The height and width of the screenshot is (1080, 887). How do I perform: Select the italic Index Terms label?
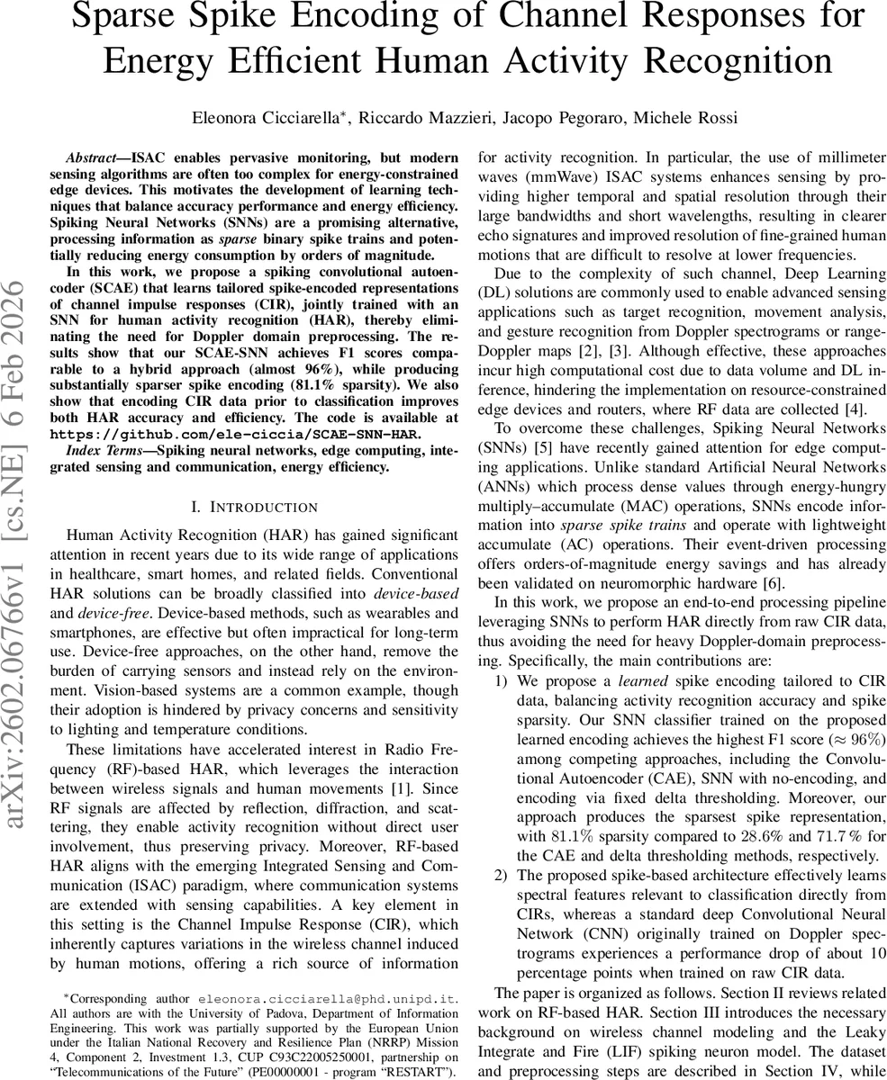[105, 450]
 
